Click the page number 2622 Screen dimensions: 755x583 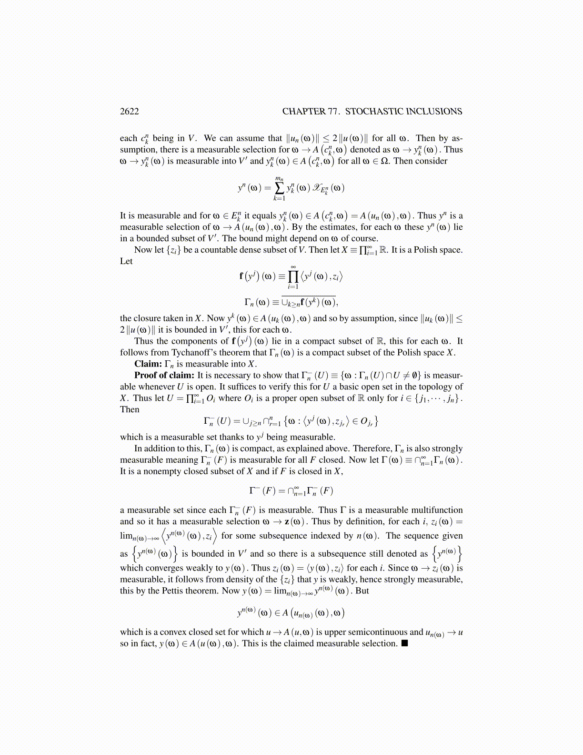[x=129, y=112]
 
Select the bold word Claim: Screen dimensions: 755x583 [x=148, y=364]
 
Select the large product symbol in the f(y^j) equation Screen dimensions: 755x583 [x=293, y=276]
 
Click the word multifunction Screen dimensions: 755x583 [x=437, y=510]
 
